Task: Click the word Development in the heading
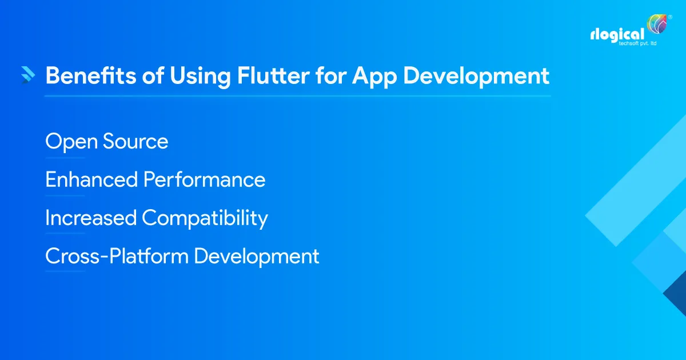point(478,77)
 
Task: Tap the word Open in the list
point(71,142)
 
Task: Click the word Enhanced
point(91,180)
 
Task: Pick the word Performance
point(204,180)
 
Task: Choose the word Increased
point(91,218)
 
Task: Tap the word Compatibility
point(205,219)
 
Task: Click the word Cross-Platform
point(117,256)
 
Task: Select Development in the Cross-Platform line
point(256,257)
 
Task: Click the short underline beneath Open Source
point(65,158)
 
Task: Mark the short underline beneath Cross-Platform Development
point(65,271)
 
